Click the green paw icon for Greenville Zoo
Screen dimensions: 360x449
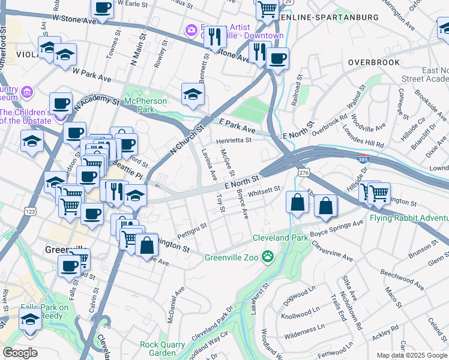[268, 257]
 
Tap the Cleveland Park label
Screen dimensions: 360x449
[280, 238]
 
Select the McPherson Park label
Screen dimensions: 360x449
[147, 105]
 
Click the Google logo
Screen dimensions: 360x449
[20, 353]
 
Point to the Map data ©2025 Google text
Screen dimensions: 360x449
[412, 355]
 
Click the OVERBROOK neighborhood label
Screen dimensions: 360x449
[370, 62]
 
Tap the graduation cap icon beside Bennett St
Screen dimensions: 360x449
[193, 93]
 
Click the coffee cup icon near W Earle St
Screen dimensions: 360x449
[102, 8]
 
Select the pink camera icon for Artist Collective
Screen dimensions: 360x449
[191, 29]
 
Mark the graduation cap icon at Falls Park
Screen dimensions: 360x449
[30, 319]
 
